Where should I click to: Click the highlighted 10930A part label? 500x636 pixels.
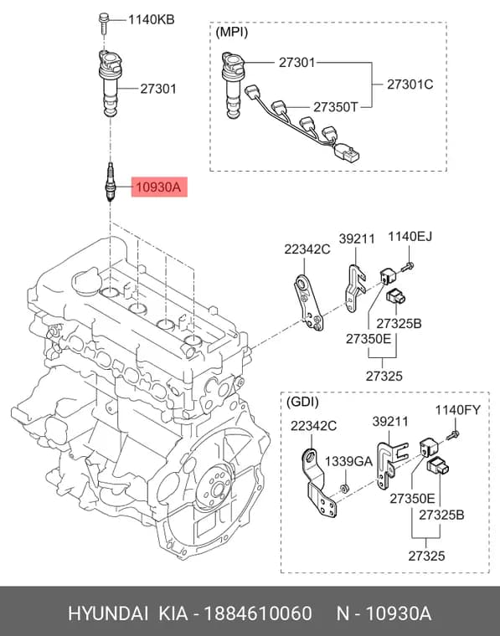[x=159, y=187]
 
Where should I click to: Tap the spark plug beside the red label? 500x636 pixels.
[x=110, y=182]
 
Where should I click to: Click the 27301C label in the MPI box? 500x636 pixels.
[x=410, y=85]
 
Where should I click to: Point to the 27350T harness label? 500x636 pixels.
[x=336, y=107]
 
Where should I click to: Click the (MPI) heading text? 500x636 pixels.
[x=232, y=32]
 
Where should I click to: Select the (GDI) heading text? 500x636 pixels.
[x=302, y=402]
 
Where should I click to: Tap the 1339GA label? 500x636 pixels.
[x=348, y=461]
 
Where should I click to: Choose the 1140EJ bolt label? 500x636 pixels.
[x=410, y=236]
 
